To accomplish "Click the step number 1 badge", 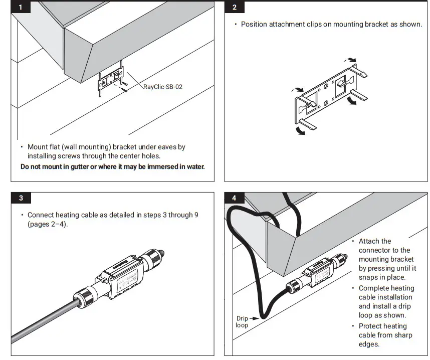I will click(x=21, y=7).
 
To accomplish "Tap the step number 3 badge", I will click(x=21, y=198).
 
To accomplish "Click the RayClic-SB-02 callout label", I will click(x=163, y=87).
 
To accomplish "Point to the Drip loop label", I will click(x=242, y=321).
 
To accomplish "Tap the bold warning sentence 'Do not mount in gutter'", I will click(x=113, y=166).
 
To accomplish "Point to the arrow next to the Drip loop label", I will click(x=255, y=318).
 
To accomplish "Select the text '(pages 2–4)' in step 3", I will click(x=47, y=224).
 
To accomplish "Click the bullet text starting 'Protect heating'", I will click(x=383, y=335).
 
